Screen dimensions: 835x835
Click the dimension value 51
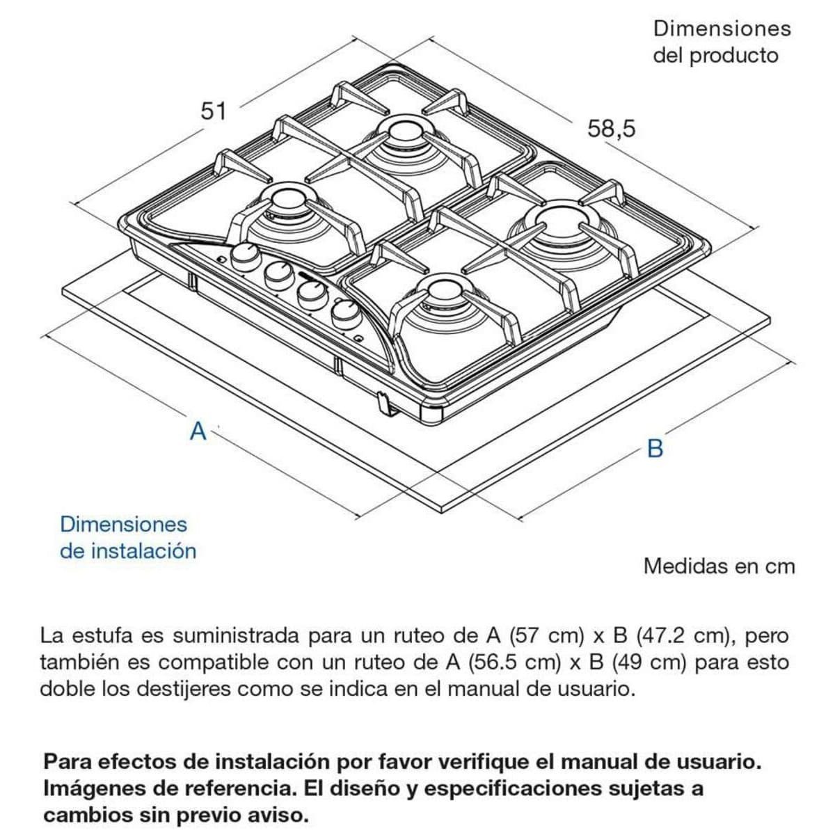coord(213,111)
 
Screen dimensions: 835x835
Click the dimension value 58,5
coord(611,129)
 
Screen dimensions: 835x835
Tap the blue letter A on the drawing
coord(198,431)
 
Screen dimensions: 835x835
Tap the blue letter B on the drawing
coord(655,448)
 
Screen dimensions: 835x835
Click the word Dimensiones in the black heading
coord(722,29)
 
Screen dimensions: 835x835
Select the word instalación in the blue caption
coord(143,551)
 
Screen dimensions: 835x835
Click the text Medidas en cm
coord(719,566)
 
